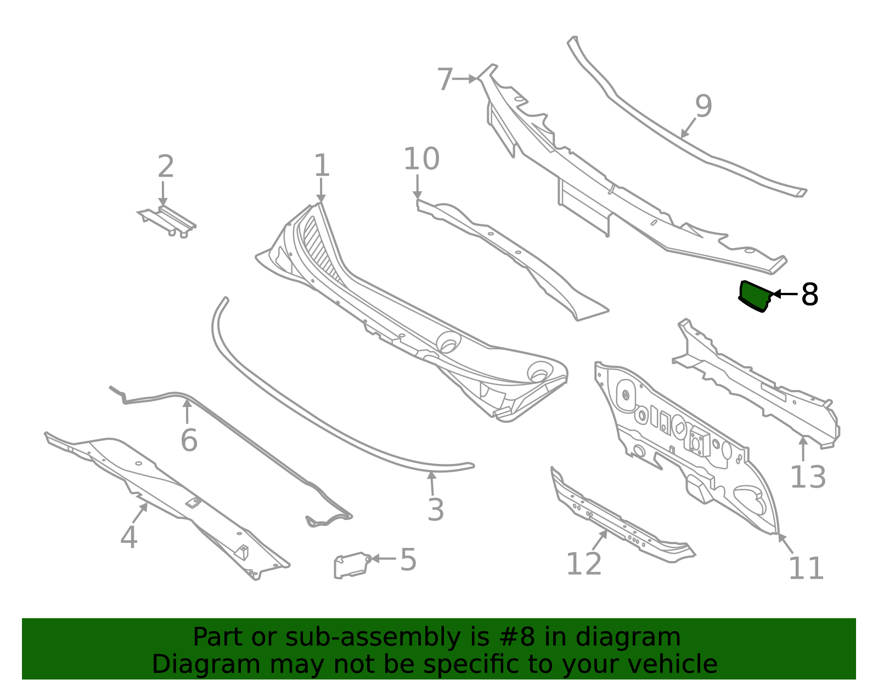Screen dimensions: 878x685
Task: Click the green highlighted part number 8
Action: pyautogui.click(x=754, y=297)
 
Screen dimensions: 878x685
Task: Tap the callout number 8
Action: pyautogui.click(x=809, y=295)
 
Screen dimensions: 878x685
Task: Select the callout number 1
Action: pyautogui.click(x=322, y=166)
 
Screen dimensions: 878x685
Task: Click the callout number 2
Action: pyautogui.click(x=166, y=166)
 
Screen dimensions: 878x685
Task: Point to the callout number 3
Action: pyautogui.click(x=436, y=509)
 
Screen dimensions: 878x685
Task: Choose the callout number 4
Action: pyautogui.click(x=129, y=537)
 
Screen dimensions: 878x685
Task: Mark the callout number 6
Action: pyautogui.click(x=189, y=440)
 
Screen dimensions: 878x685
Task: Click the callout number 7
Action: pyautogui.click(x=445, y=79)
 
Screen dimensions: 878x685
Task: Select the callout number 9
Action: pyautogui.click(x=703, y=106)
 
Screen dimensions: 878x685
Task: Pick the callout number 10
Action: pyautogui.click(x=421, y=158)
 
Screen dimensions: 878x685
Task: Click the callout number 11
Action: pyautogui.click(x=806, y=568)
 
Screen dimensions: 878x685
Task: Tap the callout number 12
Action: pyautogui.click(x=584, y=564)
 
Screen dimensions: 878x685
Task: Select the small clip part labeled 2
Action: pyautogui.click(x=167, y=220)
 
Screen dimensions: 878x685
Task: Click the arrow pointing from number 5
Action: pyautogui.click(x=383, y=559)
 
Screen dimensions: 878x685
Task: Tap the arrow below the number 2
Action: pyautogui.click(x=163, y=194)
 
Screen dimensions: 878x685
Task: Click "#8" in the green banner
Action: pyautogui.click(x=517, y=637)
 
